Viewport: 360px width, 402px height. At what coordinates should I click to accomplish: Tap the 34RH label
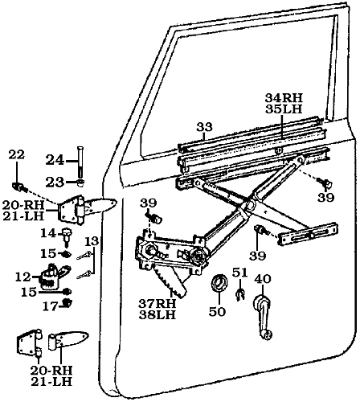(282, 99)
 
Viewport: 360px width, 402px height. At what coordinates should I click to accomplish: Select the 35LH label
(282, 110)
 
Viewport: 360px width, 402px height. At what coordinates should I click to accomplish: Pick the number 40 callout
(262, 279)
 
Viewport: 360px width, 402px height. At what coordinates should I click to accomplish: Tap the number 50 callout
(217, 310)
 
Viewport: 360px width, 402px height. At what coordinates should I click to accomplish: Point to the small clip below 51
(239, 295)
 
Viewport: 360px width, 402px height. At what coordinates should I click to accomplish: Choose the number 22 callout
(17, 154)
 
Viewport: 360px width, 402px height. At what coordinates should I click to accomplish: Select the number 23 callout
(55, 182)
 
